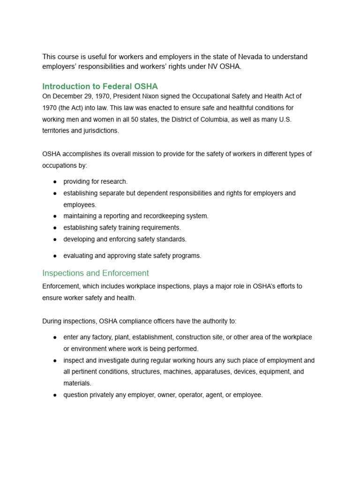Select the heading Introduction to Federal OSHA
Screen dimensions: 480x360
click(x=100, y=86)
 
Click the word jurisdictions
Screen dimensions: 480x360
click(x=99, y=131)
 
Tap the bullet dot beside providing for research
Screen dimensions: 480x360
click(x=55, y=182)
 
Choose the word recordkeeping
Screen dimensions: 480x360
click(x=159, y=216)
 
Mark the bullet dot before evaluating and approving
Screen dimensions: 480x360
click(x=55, y=256)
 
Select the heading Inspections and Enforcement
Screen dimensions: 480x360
click(x=95, y=273)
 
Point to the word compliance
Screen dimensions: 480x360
click(x=133, y=321)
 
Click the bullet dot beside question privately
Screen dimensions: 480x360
click(x=55, y=395)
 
